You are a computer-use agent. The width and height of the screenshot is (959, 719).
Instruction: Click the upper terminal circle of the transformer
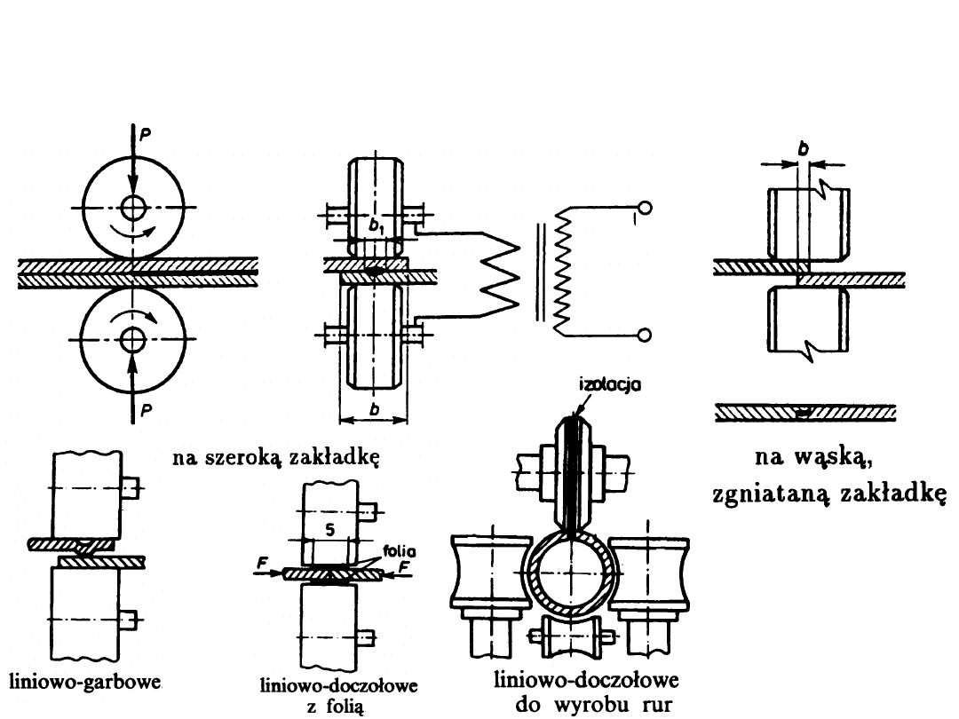click(x=645, y=209)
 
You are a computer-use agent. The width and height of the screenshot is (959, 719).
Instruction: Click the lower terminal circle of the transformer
click(x=645, y=335)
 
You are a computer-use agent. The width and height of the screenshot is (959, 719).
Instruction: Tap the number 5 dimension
click(x=329, y=531)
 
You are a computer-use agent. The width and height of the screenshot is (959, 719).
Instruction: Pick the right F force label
click(x=405, y=565)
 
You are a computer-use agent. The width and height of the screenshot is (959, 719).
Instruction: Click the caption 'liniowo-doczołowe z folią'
click(x=337, y=696)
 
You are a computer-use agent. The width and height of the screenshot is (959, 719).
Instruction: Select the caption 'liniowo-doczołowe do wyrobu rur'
click(x=586, y=692)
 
